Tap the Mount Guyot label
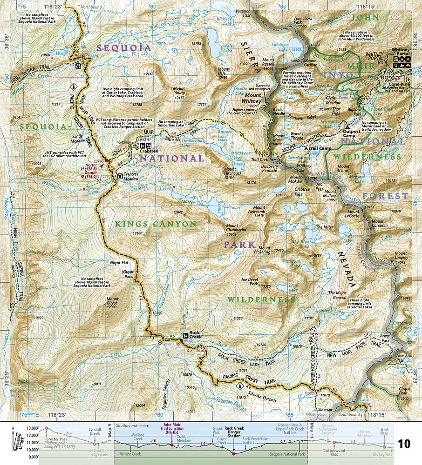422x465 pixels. coord(112,301)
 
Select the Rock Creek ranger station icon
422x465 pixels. coord(185,334)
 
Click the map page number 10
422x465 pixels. coord(404,444)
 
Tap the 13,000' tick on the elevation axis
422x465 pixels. coord(32,428)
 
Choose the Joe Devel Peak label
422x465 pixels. coord(250,282)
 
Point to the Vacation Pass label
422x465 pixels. coord(243,12)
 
